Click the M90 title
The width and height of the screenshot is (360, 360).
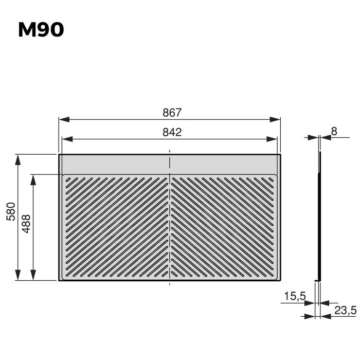click(x=41, y=30)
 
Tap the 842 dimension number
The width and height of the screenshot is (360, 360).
click(x=172, y=132)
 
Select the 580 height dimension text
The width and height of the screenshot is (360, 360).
click(x=10, y=211)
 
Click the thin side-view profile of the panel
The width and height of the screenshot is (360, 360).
click(x=319, y=216)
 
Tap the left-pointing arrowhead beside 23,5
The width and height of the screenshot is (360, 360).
click(x=326, y=316)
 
